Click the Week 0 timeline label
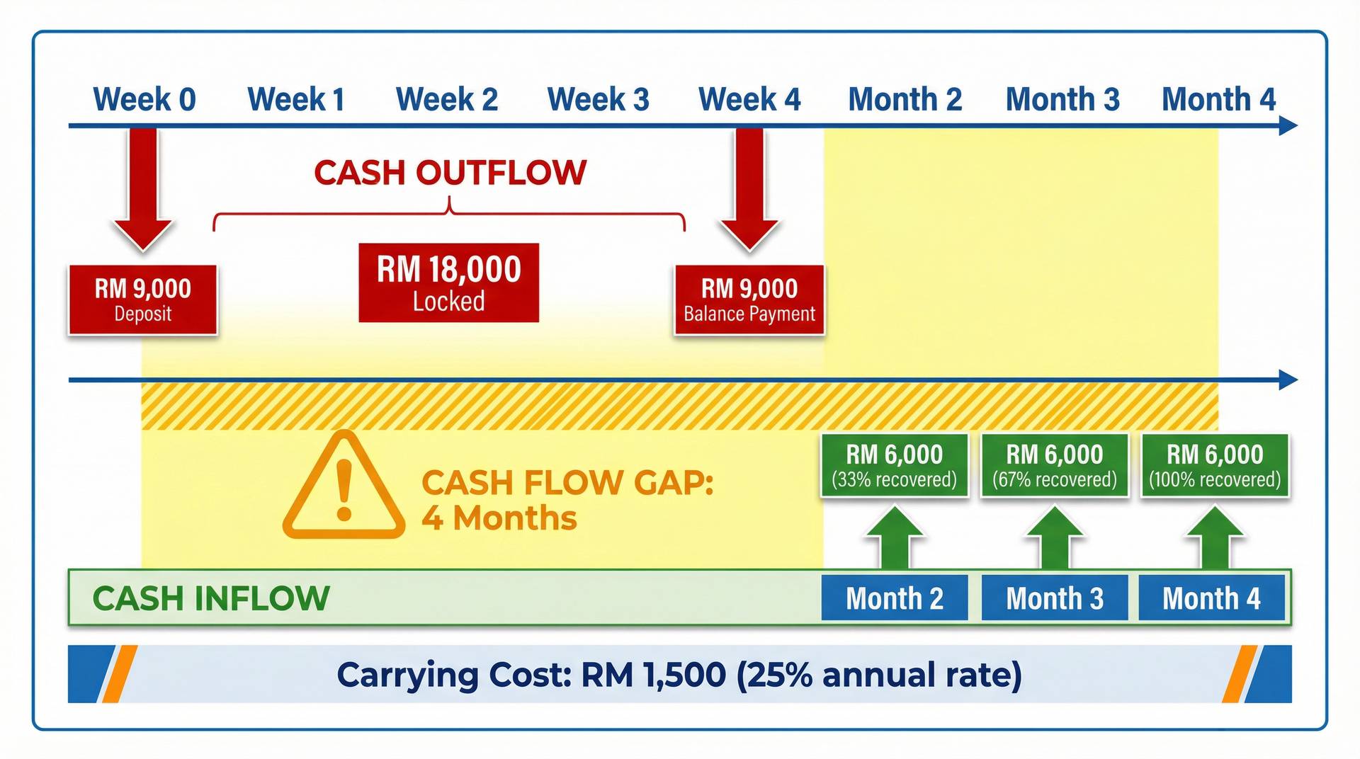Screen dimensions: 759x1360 coord(144,100)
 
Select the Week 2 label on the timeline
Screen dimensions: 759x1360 coord(447,100)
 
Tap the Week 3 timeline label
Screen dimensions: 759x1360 coord(599,100)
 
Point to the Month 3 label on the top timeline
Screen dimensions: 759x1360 coord(1062,100)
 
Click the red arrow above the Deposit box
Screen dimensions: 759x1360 coord(143,188)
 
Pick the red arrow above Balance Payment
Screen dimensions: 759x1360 coord(749,188)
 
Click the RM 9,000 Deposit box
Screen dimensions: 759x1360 coord(143,299)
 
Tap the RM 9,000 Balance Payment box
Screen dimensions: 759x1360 coord(749,299)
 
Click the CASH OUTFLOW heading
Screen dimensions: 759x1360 coord(450,173)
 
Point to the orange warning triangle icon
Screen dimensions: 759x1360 coord(344,489)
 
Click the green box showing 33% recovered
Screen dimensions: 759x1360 coord(895,465)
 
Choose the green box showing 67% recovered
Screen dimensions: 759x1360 coord(1055,465)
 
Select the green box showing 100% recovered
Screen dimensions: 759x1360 coord(1215,465)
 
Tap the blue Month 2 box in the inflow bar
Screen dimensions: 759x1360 coord(895,598)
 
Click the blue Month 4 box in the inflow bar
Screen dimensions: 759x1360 coord(1211,598)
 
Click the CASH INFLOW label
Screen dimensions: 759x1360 coord(211,598)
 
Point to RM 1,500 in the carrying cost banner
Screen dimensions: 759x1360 coord(653,674)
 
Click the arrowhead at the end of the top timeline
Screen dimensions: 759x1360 coord(1288,126)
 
